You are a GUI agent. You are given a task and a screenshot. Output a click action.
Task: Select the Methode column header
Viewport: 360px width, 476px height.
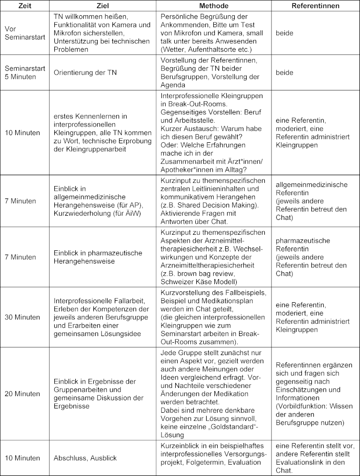212,6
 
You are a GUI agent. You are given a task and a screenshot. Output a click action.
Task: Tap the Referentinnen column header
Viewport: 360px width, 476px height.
315,6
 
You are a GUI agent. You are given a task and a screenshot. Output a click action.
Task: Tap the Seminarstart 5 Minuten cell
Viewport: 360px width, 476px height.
24,72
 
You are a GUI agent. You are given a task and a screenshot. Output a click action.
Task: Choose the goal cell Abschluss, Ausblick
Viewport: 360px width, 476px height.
85,458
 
